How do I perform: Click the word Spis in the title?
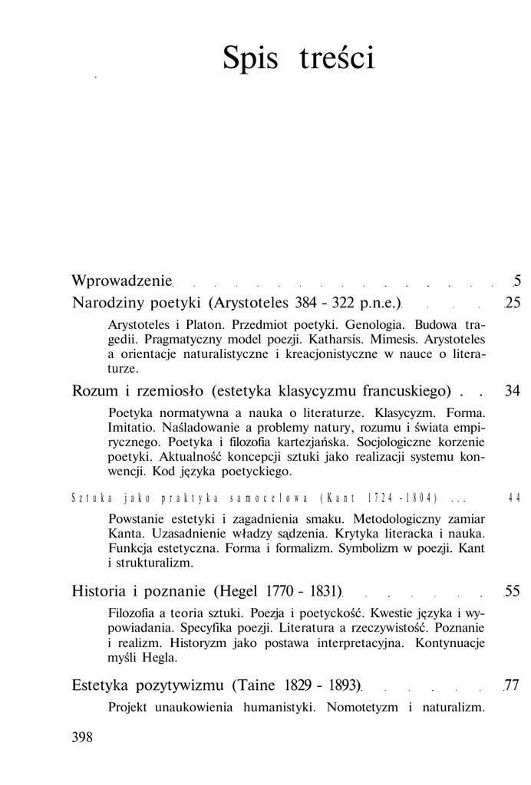pos(250,58)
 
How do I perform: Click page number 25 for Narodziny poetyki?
pos(513,303)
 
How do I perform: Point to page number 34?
pos(513,392)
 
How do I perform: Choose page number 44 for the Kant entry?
pos(513,498)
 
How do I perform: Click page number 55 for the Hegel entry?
pos(513,591)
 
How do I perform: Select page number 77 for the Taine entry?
pos(513,685)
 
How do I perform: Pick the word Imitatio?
pos(134,427)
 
